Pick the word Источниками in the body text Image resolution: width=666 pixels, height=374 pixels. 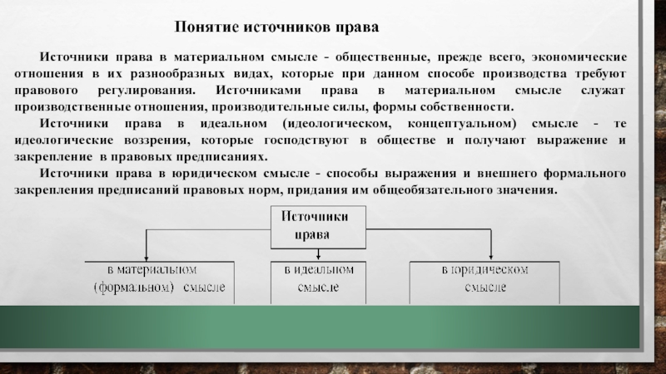click(253, 89)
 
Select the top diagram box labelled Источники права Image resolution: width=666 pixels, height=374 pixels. click(317, 225)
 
